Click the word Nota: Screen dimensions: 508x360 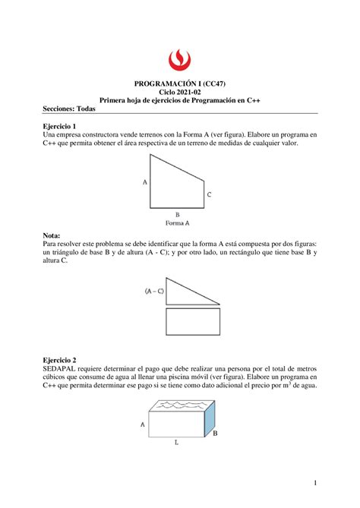tap(53, 236)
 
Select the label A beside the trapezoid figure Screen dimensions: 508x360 tap(145, 182)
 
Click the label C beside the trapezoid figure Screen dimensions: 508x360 tap(209, 195)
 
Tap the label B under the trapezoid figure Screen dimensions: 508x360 tap(178, 214)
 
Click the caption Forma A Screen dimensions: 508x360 tap(178, 223)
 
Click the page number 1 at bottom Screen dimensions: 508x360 tap(314, 483)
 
